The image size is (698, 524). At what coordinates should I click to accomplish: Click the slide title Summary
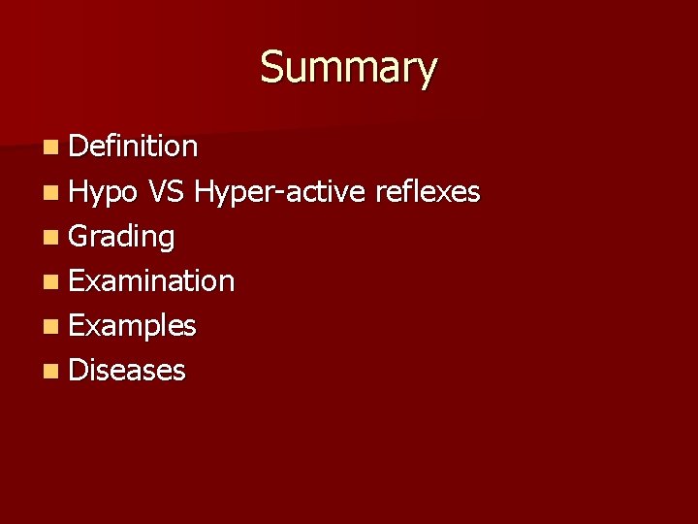[x=349, y=68]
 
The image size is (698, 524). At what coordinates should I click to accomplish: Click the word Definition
[x=134, y=147]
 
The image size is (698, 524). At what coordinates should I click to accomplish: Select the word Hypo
[x=103, y=192]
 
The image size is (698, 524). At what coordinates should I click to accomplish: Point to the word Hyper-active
[x=279, y=193]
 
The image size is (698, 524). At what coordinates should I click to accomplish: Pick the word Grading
[x=122, y=237]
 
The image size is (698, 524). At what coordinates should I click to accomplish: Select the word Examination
[x=152, y=281]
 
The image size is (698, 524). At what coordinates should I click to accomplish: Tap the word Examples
[x=133, y=326]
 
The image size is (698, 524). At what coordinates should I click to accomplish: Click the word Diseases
[x=127, y=370]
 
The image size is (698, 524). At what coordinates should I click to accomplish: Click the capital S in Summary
[x=272, y=67]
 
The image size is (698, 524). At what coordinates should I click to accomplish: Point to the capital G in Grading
[x=80, y=236]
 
